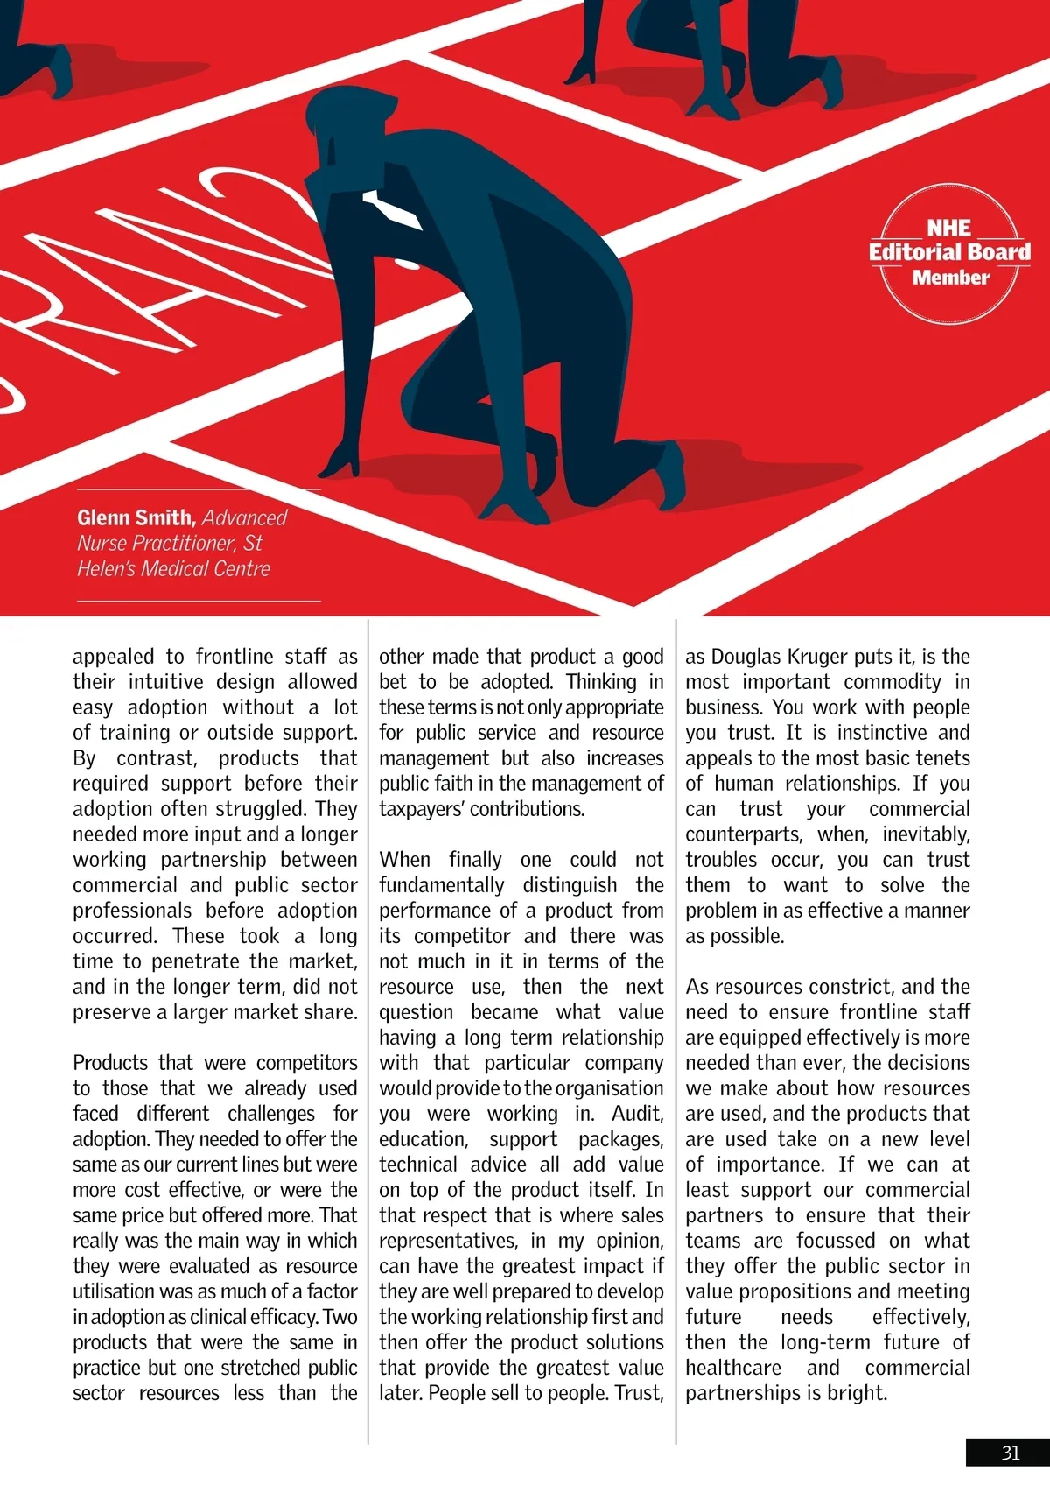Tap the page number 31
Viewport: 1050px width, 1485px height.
(1011, 1453)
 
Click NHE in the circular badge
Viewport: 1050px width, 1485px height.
(949, 228)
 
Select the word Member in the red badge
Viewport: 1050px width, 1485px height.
(950, 278)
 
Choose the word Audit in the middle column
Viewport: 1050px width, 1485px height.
(637, 1114)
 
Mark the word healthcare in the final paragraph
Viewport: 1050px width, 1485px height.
(733, 1368)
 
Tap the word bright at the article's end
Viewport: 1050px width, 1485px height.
(857, 1393)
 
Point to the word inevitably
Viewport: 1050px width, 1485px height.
(926, 834)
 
